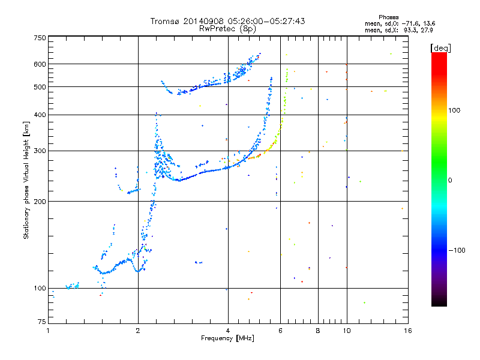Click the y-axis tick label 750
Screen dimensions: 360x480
click(x=40, y=37)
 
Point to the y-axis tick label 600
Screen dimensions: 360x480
click(x=40, y=64)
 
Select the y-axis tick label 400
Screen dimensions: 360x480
click(x=40, y=115)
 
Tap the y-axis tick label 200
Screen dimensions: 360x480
click(x=40, y=201)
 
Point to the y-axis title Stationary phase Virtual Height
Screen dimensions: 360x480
click(x=26, y=180)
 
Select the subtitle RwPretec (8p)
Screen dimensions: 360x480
click(x=227, y=28)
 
